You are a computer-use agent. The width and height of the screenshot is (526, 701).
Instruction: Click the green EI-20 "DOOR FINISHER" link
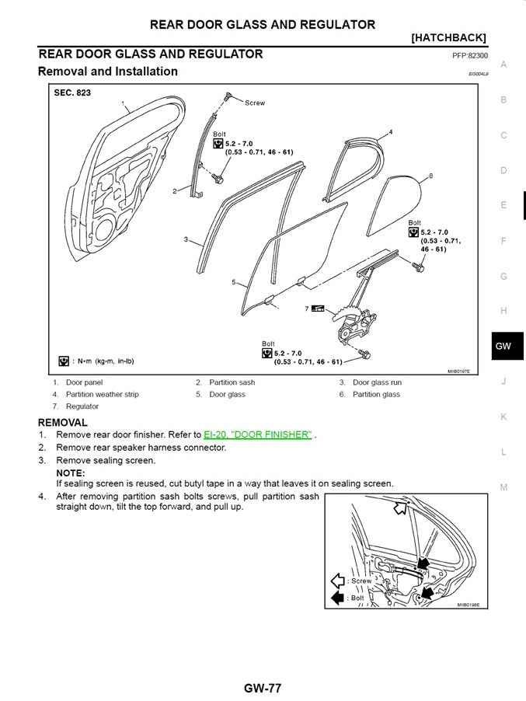[x=258, y=435]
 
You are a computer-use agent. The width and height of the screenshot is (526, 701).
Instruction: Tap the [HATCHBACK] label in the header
[x=448, y=37]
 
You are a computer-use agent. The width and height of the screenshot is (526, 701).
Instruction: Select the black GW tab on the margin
[x=503, y=347]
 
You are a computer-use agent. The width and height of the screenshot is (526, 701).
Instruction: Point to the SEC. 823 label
[x=72, y=93]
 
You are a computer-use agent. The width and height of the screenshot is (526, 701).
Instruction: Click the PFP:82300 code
[x=469, y=56]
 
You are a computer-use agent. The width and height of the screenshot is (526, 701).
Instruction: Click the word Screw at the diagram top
[x=255, y=103]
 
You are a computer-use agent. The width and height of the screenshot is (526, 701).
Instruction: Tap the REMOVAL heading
[x=62, y=422]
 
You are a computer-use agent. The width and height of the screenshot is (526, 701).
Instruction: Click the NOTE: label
[x=71, y=473]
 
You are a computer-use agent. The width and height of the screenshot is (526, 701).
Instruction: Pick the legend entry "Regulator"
[x=82, y=406]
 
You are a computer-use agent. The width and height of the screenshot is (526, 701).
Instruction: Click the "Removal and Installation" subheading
[x=107, y=71]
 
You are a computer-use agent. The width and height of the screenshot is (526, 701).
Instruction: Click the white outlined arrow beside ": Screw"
[x=338, y=581]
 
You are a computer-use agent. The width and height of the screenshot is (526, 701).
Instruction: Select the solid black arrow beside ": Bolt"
[x=338, y=598]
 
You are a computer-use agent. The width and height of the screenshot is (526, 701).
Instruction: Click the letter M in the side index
[x=503, y=487]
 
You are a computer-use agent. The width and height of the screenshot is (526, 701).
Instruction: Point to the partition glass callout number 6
[x=430, y=177]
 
